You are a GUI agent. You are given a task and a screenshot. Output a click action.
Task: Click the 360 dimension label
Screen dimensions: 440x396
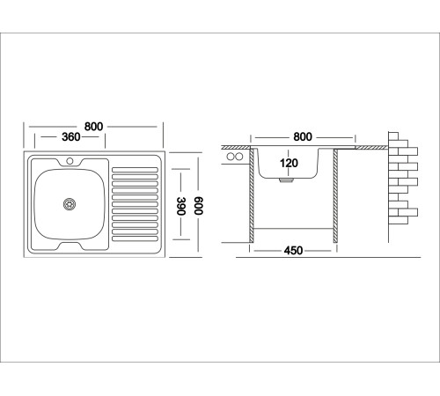pyautogui.click(x=71, y=137)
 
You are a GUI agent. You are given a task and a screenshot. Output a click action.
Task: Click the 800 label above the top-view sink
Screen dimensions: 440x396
pyautogui.click(x=93, y=127)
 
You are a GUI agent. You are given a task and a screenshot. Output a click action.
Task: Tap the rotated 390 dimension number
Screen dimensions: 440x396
pyautogui.click(x=181, y=206)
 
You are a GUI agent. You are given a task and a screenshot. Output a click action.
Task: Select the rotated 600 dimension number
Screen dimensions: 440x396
pyautogui.click(x=199, y=206)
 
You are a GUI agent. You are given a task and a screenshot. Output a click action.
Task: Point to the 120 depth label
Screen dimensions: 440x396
pyautogui.click(x=289, y=163)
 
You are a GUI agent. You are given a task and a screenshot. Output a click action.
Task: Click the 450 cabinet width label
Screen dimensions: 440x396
pyautogui.click(x=293, y=251)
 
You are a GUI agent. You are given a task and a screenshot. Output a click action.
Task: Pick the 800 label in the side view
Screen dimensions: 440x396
pyautogui.click(x=303, y=136)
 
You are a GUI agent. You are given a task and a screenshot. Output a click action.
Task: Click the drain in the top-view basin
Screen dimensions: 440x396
pyautogui.click(x=70, y=204)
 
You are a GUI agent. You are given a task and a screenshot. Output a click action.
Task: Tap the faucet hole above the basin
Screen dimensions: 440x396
pyautogui.click(x=70, y=161)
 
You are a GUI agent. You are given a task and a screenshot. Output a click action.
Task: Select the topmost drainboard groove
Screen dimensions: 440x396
pyautogui.click(x=135, y=170)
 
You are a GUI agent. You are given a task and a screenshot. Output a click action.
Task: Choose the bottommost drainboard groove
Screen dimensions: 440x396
pyautogui.click(x=135, y=238)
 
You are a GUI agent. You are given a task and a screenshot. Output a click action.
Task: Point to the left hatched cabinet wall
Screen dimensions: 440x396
pyautogui.click(x=252, y=195)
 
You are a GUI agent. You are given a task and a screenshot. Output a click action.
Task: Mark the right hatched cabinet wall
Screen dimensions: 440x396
pyautogui.click(x=335, y=195)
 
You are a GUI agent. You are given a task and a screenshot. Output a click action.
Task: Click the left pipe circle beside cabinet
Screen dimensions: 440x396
pyautogui.click(x=231, y=157)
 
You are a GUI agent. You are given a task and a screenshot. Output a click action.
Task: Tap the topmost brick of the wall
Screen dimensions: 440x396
pyautogui.click(x=393, y=136)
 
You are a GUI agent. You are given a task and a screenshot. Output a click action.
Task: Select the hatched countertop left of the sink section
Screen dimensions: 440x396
pyautogui.click(x=236, y=147)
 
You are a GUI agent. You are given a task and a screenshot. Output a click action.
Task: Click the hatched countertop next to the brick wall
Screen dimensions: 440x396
pyautogui.click(x=371, y=147)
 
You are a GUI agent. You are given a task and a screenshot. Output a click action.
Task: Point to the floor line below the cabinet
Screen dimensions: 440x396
pyautogui.click(x=328, y=258)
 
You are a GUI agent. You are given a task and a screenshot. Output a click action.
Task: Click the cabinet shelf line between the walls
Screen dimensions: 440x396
pyautogui.click(x=293, y=229)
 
